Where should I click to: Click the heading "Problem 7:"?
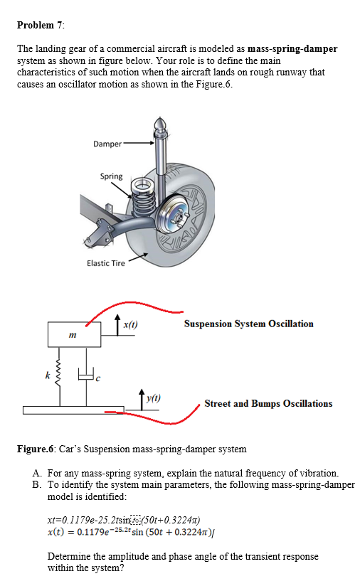pyautogui.click(x=41, y=26)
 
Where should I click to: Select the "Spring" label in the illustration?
pyautogui.click(x=111, y=176)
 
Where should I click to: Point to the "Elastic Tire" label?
pyautogui.click(x=106, y=263)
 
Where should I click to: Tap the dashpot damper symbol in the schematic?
pyautogui.click(x=84, y=376)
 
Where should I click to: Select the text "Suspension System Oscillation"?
pyautogui.click(x=248, y=324)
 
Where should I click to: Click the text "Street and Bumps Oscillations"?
pyautogui.click(x=268, y=403)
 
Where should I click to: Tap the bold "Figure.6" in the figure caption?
pyautogui.click(x=34, y=449)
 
